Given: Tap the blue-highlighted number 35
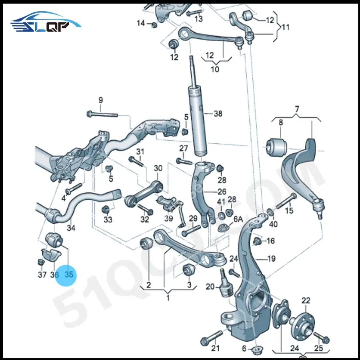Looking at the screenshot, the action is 69,275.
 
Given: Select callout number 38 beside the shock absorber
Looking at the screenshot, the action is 218,114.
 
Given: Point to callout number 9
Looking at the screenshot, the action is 100,100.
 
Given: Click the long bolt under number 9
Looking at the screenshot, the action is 102,114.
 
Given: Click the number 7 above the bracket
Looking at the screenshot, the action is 297,109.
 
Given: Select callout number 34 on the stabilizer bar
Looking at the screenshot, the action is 71,228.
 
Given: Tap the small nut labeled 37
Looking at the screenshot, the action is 40,262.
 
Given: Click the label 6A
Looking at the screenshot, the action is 238,219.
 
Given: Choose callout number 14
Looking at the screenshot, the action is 140,23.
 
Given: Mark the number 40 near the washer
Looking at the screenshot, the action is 273,224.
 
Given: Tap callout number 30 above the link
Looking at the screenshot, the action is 158,168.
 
